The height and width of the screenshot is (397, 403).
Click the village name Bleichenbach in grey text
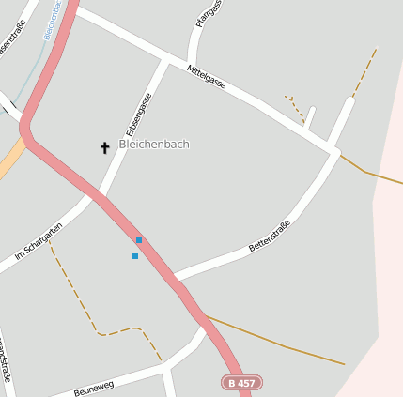coord(154,144)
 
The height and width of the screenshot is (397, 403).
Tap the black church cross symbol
coord(104,147)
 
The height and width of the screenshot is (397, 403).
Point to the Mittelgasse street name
coord(207,77)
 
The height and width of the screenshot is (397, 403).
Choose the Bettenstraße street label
coord(269,235)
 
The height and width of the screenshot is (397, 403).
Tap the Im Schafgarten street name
coord(39,241)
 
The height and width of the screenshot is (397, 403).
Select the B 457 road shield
coord(241,382)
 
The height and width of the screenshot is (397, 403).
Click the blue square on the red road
coord(139,240)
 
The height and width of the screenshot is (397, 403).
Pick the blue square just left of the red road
coord(135,255)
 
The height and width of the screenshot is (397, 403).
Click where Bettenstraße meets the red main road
coord(175,278)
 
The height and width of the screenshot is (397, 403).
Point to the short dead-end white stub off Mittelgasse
coord(310,116)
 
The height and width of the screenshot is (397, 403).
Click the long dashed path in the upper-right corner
coord(364,71)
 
